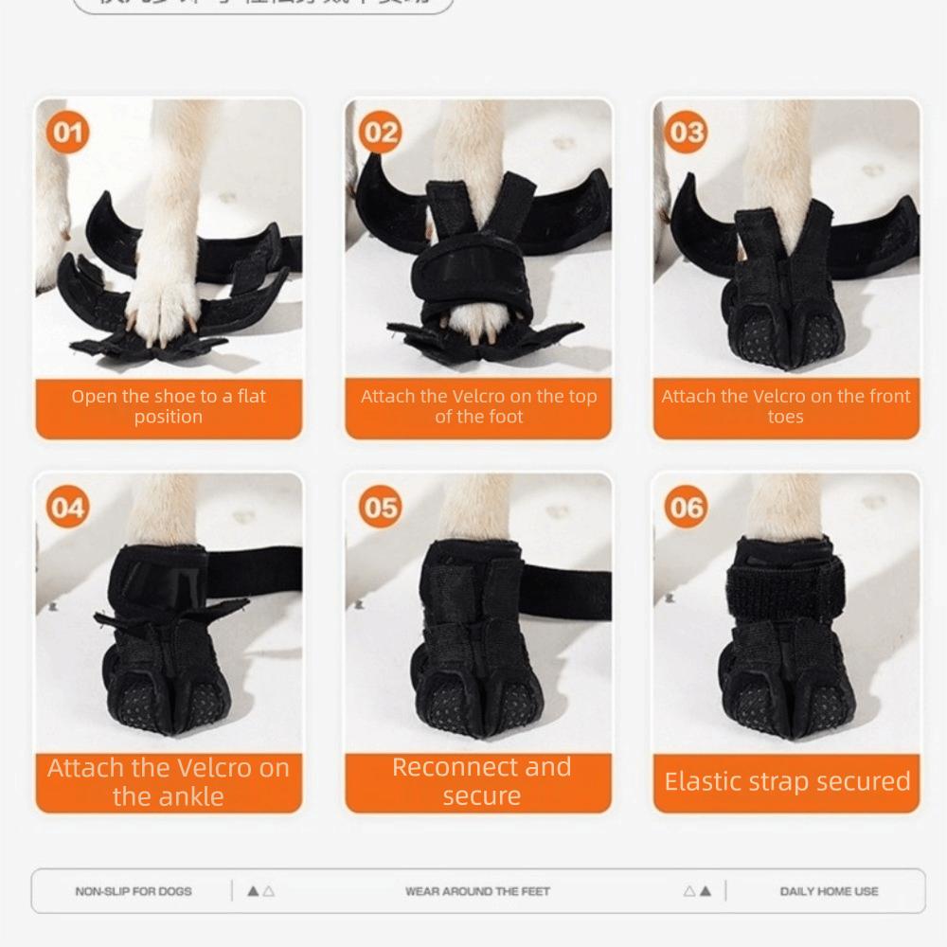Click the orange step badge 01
point(68,133)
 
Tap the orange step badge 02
point(381,133)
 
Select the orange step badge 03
point(687,133)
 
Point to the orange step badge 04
point(68,509)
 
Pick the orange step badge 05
point(381,509)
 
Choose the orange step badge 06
point(687,509)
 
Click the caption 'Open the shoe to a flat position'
point(169,406)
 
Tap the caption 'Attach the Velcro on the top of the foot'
point(478,406)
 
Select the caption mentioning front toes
point(786,406)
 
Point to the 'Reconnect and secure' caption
point(481,781)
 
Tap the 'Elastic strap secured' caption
point(787,782)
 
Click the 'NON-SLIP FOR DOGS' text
point(134,891)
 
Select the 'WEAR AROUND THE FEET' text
point(477,891)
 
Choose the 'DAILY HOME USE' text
point(829,891)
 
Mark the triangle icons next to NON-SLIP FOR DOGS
point(260,891)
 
